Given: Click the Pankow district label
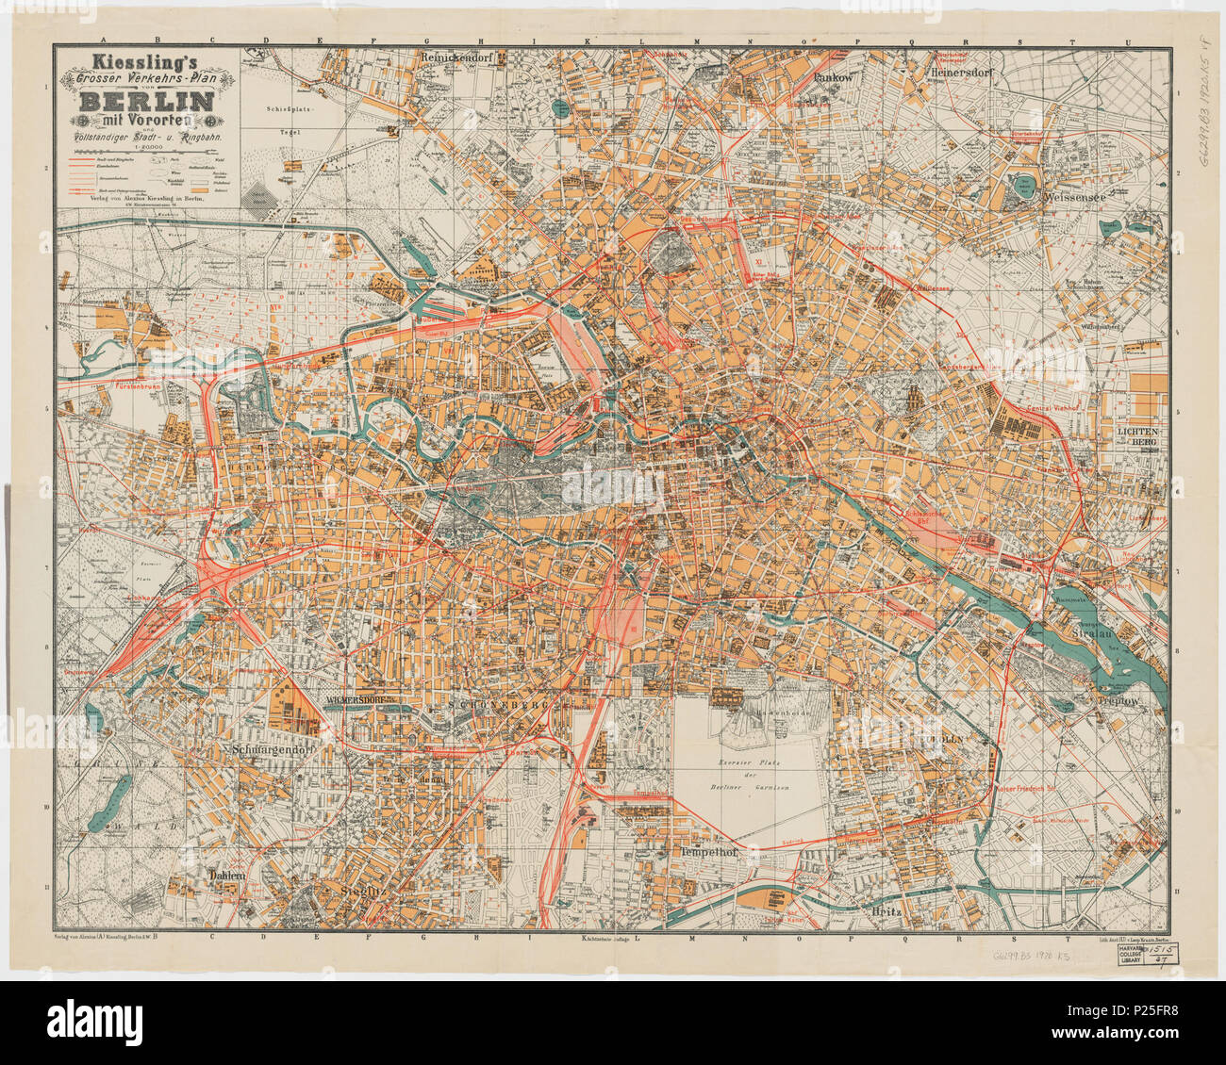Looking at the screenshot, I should click(x=833, y=78).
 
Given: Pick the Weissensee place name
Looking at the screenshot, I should click(x=1076, y=199).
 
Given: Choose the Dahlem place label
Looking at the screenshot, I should click(x=226, y=875).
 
